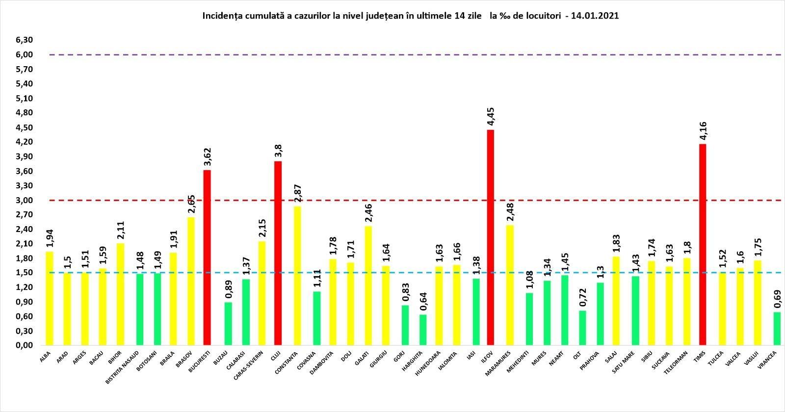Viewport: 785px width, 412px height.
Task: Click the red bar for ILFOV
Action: [490, 238]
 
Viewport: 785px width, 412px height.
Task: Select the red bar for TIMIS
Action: [703, 245]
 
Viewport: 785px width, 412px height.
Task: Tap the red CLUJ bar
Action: [278, 253]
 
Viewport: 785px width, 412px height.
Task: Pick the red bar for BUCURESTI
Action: [207, 257]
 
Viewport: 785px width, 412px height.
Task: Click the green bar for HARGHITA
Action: [423, 330]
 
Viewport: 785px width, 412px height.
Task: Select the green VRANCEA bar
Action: [777, 329]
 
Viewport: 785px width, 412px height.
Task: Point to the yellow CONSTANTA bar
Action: [297, 276]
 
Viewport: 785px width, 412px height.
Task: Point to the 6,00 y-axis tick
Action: [24, 55]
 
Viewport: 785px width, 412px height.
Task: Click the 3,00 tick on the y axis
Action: [24, 200]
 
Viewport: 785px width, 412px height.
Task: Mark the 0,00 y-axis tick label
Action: [24, 345]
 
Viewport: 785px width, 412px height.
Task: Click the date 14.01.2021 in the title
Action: [594, 16]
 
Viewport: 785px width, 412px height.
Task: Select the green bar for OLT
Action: [582, 328]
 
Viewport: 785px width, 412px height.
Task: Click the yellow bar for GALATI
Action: [368, 285]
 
